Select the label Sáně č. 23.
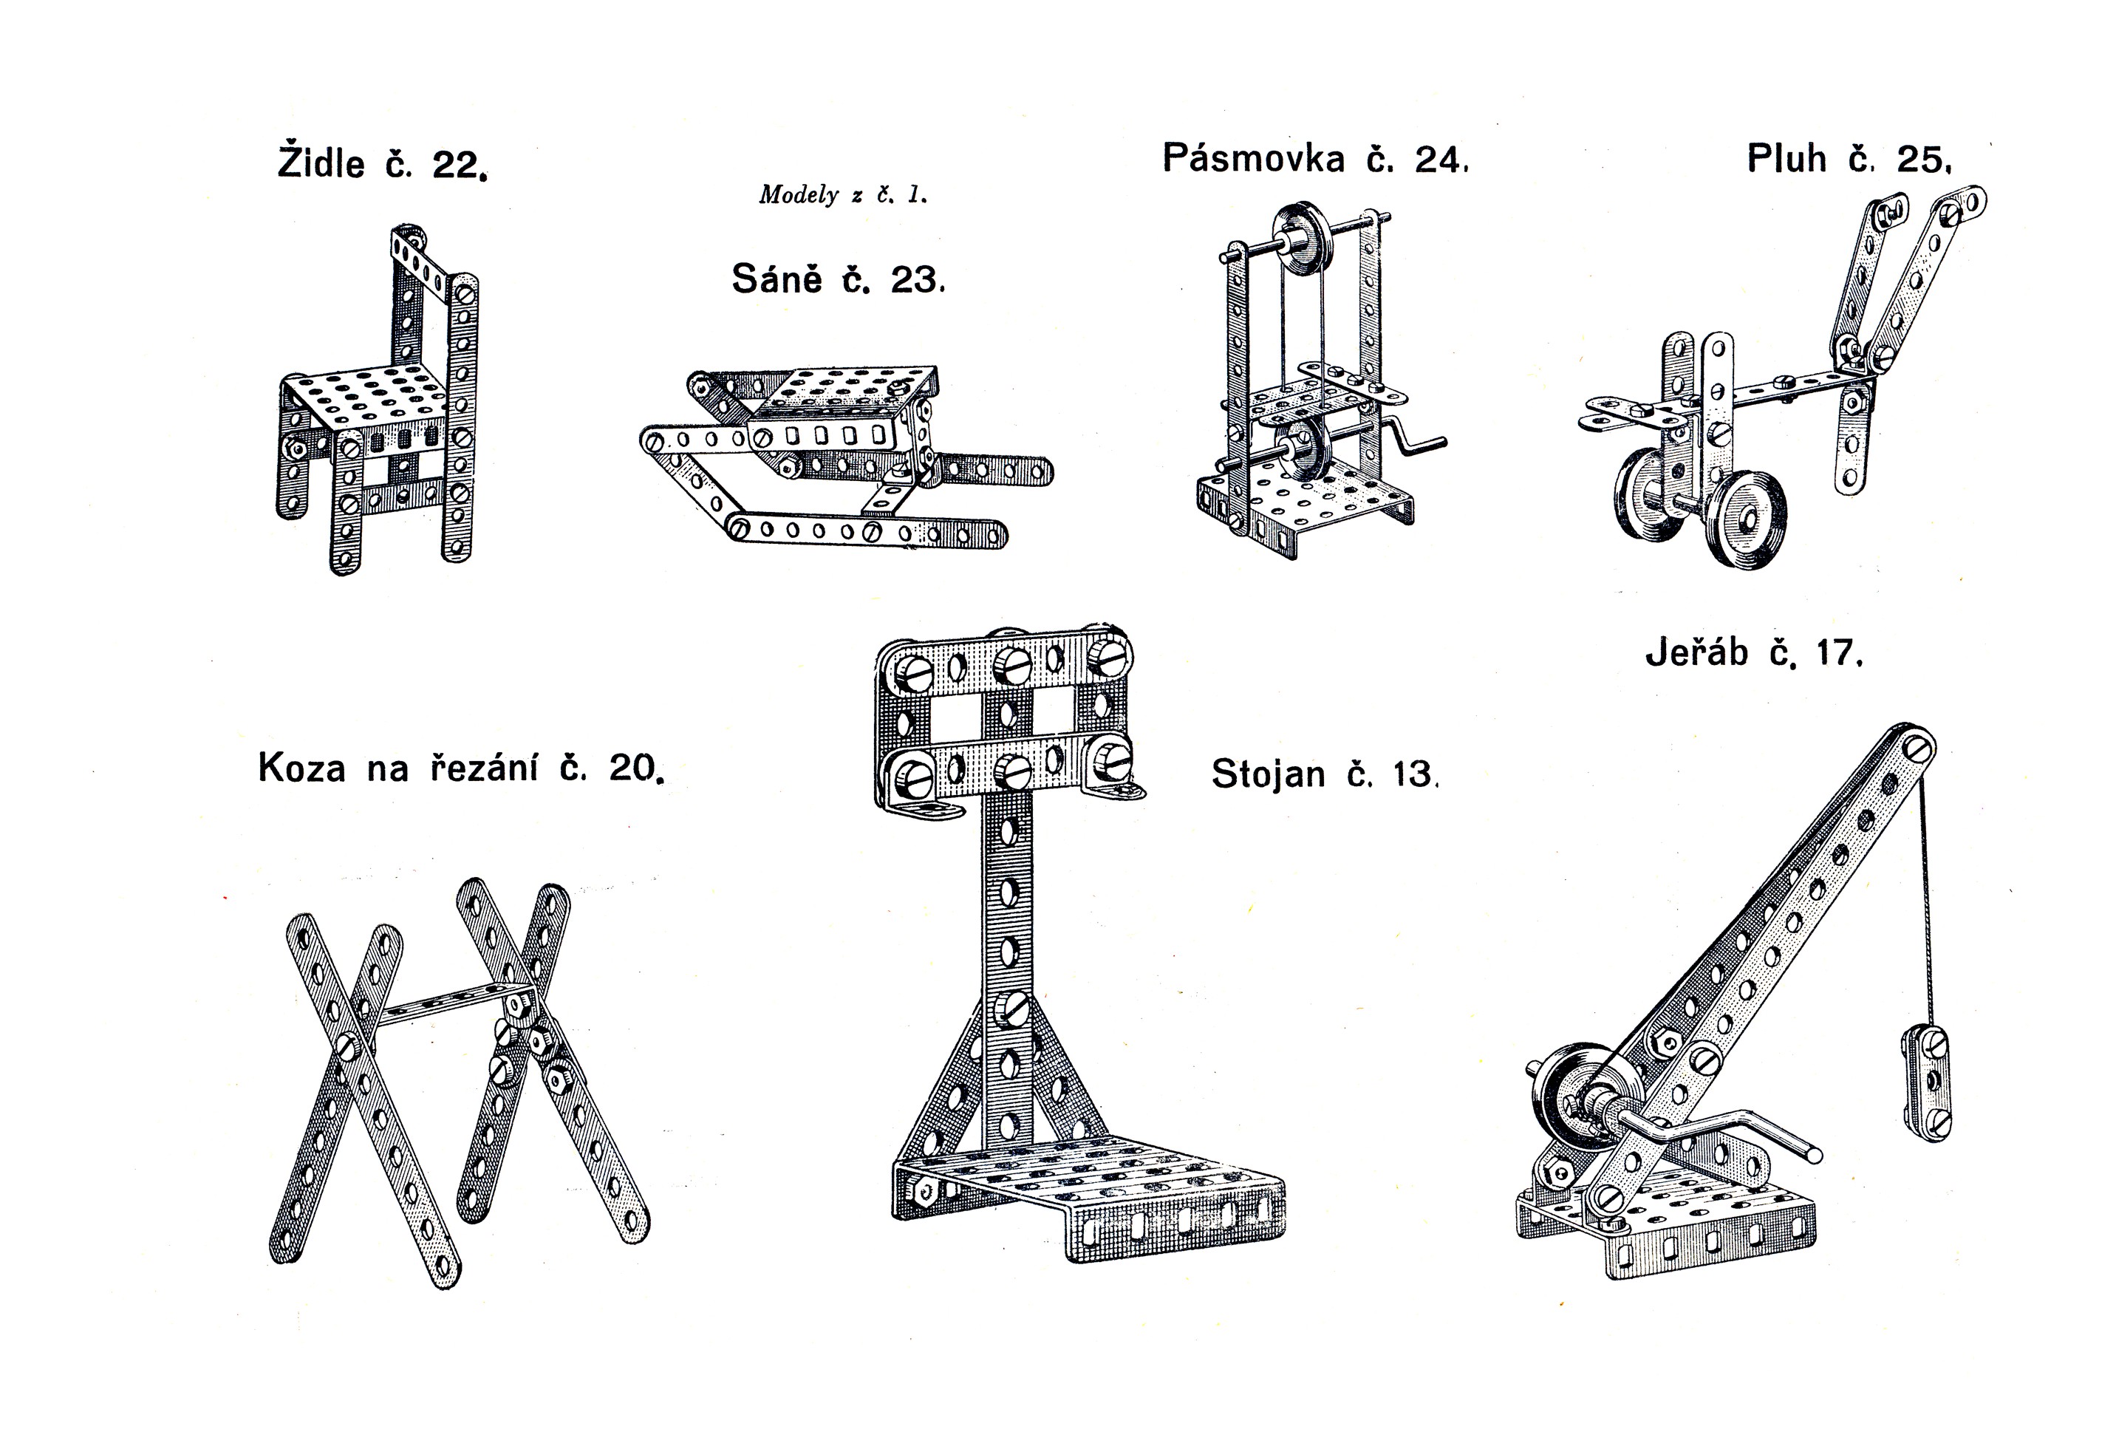pyautogui.click(x=839, y=279)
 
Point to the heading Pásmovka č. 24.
pyautogui.click(x=1316, y=158)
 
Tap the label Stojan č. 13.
pyautogui.click(x=1325, y=774)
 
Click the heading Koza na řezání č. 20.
pyautogui.click(x=462, y=768)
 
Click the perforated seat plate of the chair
pyautogui.click(x=369, y=397)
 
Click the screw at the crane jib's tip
pyautogui.click(x=1919, y=749)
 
